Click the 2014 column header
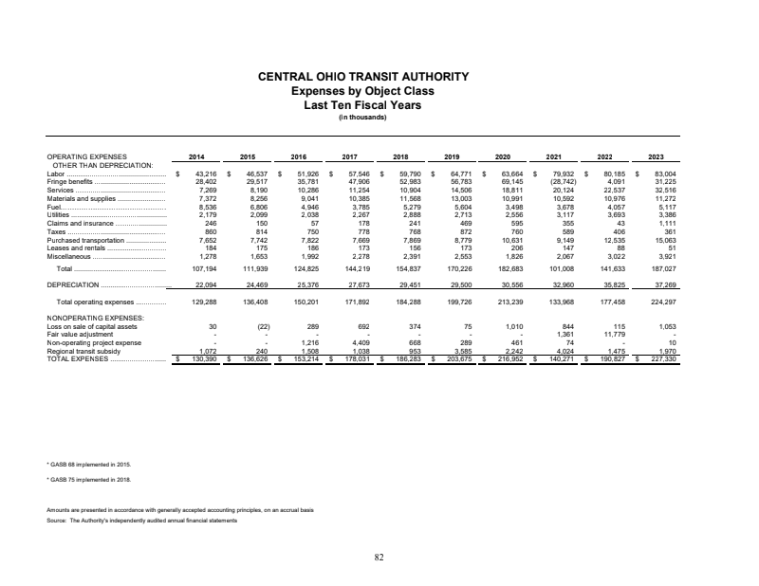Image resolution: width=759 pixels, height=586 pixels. click(196, 156)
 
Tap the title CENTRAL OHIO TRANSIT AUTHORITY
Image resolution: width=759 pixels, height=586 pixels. click(379, 76)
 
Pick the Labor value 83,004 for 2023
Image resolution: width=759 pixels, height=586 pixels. click(653, 174)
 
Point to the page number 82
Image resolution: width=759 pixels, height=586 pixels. click(379, 557)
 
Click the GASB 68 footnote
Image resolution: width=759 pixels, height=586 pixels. click(88, 466)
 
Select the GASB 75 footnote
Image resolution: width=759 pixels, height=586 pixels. click(88, 482)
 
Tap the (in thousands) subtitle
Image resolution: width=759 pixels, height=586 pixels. click(379, 119)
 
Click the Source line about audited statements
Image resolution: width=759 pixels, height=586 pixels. click(141, 521)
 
